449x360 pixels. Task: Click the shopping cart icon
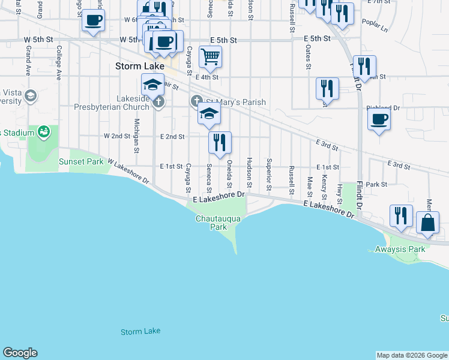(x=210, y=58)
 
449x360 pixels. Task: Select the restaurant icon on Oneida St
(x=220, y=143)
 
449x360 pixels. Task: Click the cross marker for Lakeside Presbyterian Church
(x=158, y=103)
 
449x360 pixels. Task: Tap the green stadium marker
(x=43, y=131)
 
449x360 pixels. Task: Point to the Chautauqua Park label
(x=218, y=223)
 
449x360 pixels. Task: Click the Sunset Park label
(x=81, y=161)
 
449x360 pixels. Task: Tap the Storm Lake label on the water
(x=140, y=331)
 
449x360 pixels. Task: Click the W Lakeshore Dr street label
(x=128, y=170)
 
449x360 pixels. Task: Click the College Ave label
(x=59, y=62)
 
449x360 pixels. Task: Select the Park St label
(x=379, y=185)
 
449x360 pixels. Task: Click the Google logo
(x=20, y=353)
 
